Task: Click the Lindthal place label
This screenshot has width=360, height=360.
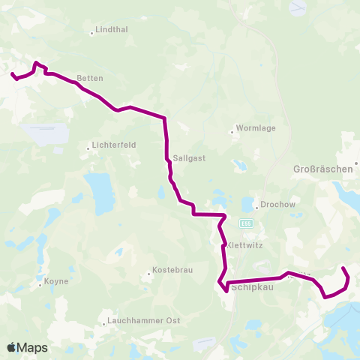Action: tap(111, 31)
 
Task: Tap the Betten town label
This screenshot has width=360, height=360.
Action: tap(89, 78)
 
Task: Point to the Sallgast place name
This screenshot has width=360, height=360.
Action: tap(184, 158)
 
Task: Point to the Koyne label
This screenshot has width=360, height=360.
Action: tap(56, 281)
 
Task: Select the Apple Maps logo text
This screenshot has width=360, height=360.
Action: tap(27, 348)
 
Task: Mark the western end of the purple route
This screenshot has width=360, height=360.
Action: tap(12, 73)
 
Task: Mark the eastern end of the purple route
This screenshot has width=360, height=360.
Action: tap(343, 268)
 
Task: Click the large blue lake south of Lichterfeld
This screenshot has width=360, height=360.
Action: tap(99, 194)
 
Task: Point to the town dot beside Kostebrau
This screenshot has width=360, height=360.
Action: tap(148, 274)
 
